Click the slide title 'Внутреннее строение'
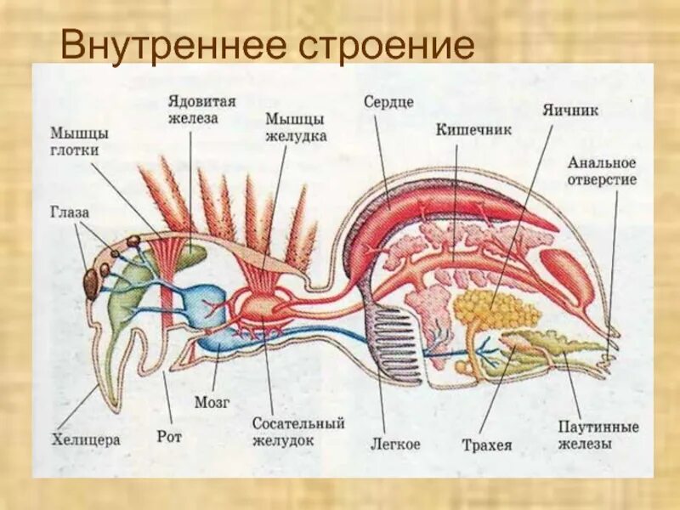267,45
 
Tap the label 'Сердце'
388,102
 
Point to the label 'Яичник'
571,110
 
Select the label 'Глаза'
69,212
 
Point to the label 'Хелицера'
86,439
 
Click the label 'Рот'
170,437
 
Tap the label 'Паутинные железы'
598,434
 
